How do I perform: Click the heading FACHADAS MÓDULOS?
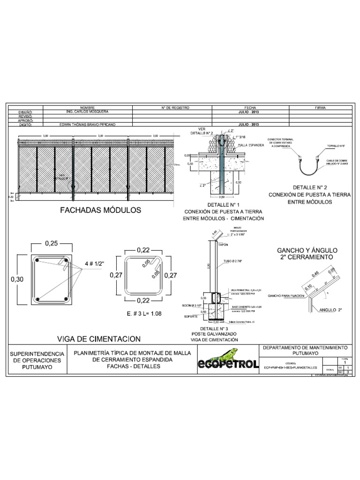pyautogui.click(x=100, y=210)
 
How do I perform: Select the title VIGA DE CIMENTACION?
pyautogui.click(x=98, y=325)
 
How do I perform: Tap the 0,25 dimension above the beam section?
pyautogui.click(x=52, y=244)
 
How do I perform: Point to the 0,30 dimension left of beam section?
pyautogui.click(x=16, y=279)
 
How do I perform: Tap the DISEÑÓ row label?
pyautogui.click(x=24, y=112)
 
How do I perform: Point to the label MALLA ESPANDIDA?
pyautogui.click(x=251, y=146)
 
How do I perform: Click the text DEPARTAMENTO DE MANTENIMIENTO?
pyautogui.click(x=305, y=348)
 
